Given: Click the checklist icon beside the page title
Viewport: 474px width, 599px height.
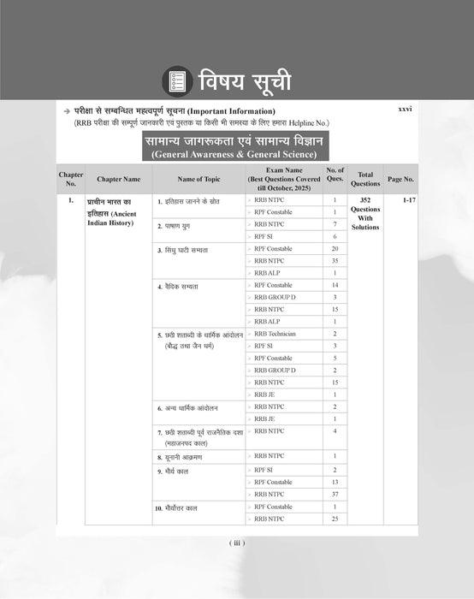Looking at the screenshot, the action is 179,83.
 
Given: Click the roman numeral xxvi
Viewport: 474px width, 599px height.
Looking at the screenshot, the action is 405,111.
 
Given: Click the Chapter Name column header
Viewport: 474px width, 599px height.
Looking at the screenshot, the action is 118,179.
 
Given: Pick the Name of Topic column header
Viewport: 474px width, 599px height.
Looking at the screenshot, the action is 198,179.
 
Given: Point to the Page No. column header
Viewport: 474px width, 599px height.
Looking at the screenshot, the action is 400,179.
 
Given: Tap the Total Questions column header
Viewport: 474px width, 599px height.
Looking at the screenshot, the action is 365,179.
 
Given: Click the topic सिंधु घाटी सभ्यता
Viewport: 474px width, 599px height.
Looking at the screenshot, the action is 186,249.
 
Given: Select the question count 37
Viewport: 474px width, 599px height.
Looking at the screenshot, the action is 335,494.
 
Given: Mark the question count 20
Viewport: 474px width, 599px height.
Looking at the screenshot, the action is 335,248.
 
